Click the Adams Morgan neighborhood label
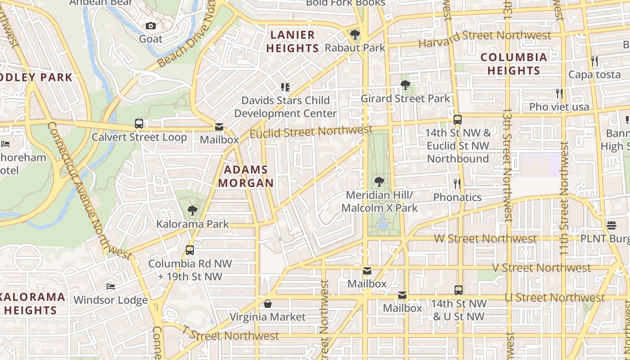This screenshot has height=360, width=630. click(246, 176)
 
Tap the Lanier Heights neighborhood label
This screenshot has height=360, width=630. click(293, 41)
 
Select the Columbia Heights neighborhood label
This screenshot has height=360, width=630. click(513, 64)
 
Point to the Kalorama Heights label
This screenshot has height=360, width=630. click(31, 303)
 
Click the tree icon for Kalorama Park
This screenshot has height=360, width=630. click(193, 211)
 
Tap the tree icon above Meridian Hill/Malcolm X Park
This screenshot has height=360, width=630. click(379, 182)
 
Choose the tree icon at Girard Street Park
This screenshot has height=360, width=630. click(405, 85)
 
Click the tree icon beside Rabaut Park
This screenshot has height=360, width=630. click(355, 35)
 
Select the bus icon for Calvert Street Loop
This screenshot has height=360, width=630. click(139, 124)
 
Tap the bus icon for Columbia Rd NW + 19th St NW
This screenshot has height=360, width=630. click(190, 250)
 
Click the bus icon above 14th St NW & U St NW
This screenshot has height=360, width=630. click(458, 290)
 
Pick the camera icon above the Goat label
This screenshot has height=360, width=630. click(151, 26)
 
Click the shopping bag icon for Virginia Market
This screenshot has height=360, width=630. click(268, 304)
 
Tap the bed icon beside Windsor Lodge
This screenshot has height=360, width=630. click(110, 287)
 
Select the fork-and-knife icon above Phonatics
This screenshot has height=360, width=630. click(457, 184)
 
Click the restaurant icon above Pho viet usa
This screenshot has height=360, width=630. click(559, 94)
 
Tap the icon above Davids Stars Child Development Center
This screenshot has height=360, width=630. click(285, 87)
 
